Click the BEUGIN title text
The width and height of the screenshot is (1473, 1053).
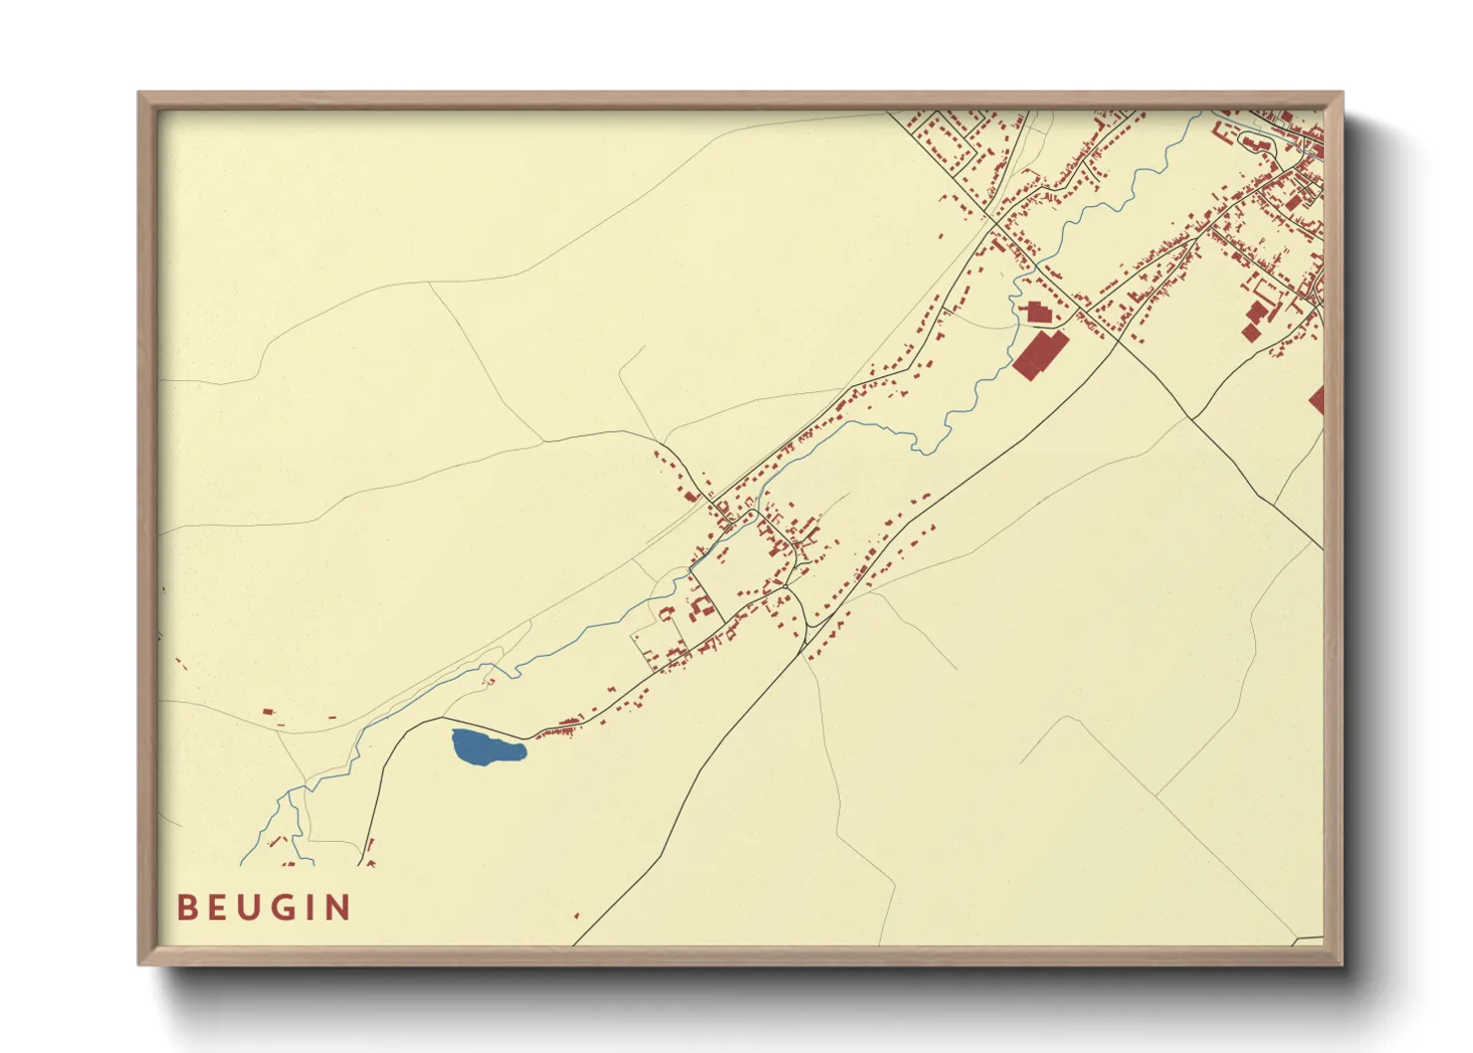(x=264, y=908)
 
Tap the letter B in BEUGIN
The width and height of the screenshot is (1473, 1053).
(x=186, y=908)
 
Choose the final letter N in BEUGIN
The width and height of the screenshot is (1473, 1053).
(x=339, y=908)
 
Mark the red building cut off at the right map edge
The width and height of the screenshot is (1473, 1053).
(x=1317, y=400)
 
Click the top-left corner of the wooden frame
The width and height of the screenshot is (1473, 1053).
(x=140, y=95)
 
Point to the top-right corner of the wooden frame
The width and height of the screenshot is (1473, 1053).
(x=1341, y=95)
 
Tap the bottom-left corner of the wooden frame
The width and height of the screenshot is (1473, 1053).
(x=140, y=962)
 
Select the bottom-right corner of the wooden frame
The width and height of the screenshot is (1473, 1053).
(x=1341, y=962)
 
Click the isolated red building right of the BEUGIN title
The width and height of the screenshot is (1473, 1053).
(x=576, y=914)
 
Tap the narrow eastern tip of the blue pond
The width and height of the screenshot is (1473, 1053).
(x=523, y=749)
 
